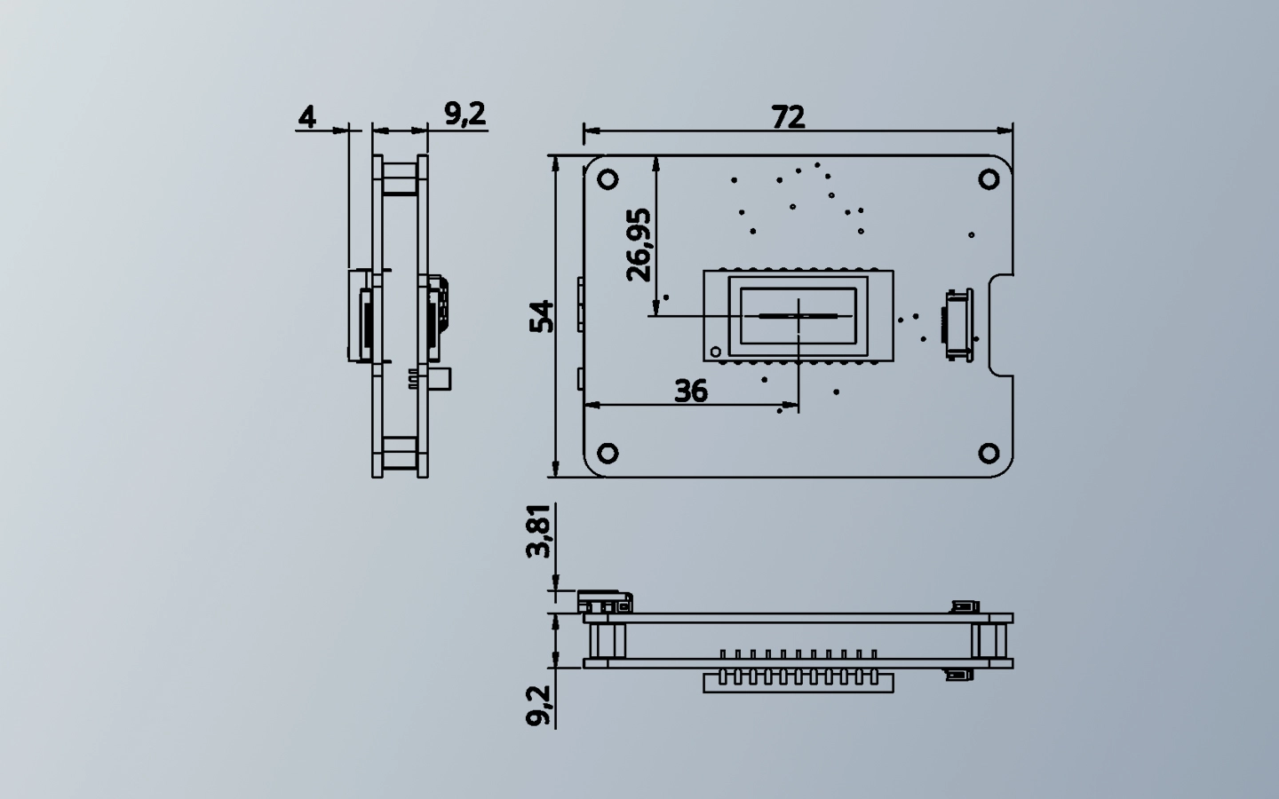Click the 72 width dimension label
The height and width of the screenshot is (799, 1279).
pyautogui.click(x=788, y=116)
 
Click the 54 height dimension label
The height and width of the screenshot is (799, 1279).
pyautogui.click(x=542, y=316)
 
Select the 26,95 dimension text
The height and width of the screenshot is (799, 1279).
pyautogui.click(x=639, y=244)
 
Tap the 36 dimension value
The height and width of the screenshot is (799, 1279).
pyautogui.click(x=691, y=391)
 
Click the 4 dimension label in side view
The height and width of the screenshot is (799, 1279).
pyautogui.click(x=307, y=116)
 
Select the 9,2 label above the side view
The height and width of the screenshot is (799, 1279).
pyautogui.click(x=465, y=114)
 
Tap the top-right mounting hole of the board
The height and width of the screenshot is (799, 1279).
pyautogui.click(x=989, y=179)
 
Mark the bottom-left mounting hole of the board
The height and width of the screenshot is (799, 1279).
pyautogui.click(x=608, y=453)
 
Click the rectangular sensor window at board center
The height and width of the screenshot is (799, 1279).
pyautogui.click(x=798, y=315)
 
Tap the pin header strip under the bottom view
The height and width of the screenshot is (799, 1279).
pyautogui.click(x=798, y=682)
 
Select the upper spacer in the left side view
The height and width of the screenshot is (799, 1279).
pyautogui.click(x=401, y=177)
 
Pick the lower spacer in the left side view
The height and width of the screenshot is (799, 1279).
pyautogui.click(x=401, y=454)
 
